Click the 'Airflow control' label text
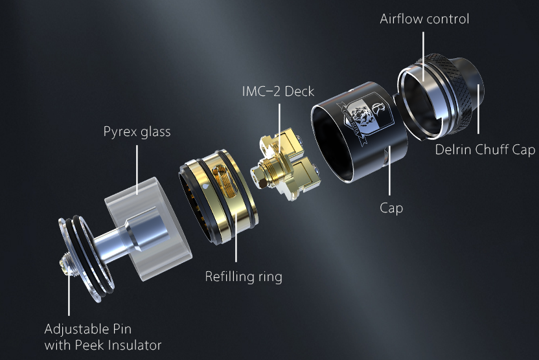tap(424, 19)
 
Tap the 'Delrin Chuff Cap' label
tap(485, 150)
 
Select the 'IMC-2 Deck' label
tap(278, 91)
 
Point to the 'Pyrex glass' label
tap(137, 132)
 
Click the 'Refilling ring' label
tap(244, 277)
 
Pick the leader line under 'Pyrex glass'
tap(137, 170)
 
